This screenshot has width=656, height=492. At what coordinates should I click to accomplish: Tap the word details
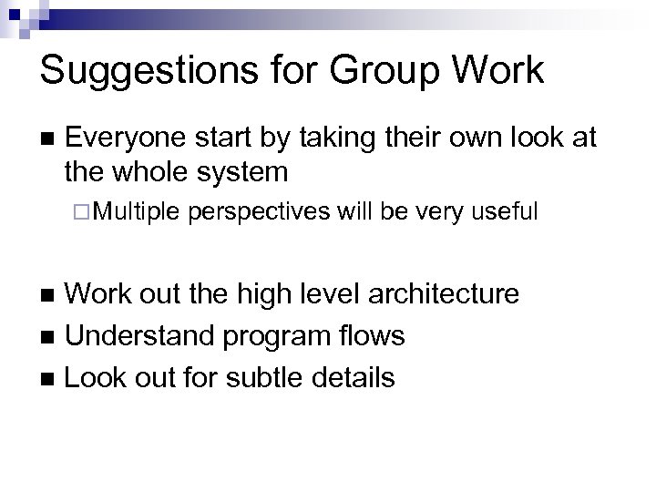coord(351,377)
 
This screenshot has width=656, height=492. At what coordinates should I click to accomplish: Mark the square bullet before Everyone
coord(46,139)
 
